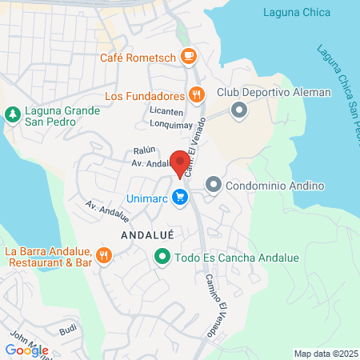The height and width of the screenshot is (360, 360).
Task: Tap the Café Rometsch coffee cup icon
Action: pos(189,56)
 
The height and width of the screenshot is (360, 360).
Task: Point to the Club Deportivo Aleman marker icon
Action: pos(238,110)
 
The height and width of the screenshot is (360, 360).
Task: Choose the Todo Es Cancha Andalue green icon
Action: pos(162,257)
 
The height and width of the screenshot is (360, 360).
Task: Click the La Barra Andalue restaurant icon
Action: pos(103,256)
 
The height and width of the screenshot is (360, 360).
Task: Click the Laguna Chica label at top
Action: pos(301,10)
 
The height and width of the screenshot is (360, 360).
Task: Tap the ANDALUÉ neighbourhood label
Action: pos(147,234)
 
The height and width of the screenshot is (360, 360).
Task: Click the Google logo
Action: pos(26,350)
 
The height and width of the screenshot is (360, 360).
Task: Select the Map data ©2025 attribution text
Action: pos(323,353)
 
